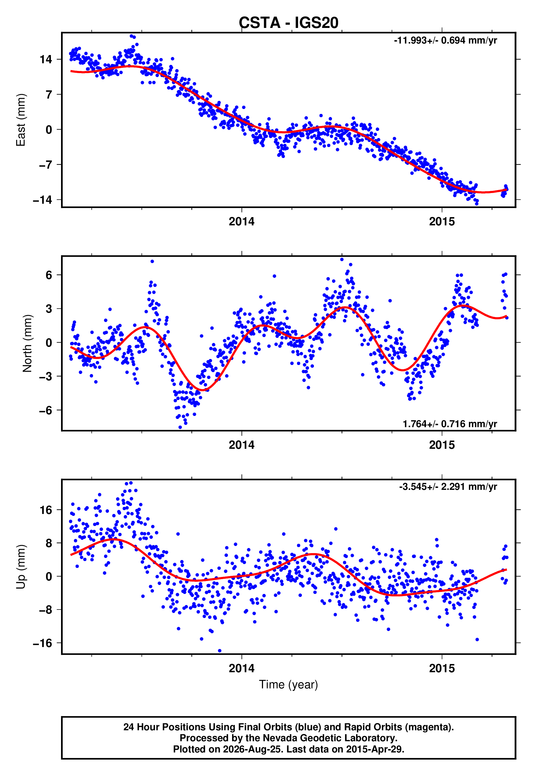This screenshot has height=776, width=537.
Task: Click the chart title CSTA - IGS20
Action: point(288,23)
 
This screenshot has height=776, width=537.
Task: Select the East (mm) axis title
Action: point(21,120)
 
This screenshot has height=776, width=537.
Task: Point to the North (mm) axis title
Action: point(27,343)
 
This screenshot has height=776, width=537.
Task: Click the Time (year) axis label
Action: point(288,685)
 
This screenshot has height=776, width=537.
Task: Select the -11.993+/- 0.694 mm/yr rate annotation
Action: point(446,40)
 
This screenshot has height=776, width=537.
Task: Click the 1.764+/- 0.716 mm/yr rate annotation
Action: point(450,424)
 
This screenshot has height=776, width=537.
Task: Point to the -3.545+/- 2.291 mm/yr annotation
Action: point(448,487)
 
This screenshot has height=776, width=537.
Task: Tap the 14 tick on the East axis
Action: point(46,60)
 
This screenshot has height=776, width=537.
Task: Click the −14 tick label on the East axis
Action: point(43,200)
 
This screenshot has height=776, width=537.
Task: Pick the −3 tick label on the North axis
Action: point(46,376)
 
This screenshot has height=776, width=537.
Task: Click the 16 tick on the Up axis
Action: point(46,510)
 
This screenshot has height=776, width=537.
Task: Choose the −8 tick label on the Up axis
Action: point(46,610)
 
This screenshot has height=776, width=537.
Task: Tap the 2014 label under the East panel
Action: point(242,222)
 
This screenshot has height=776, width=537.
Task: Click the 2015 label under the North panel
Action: point(442,445)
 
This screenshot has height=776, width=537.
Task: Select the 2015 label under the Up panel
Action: point(442,668)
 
